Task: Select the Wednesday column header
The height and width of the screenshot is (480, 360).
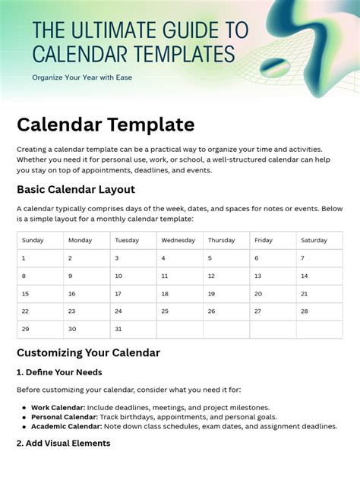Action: coord(178,240)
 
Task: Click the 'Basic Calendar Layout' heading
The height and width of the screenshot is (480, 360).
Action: coord(76,189)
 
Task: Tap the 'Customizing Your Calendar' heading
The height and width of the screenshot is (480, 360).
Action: coord(88,352)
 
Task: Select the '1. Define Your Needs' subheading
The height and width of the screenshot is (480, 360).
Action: coord(59,372)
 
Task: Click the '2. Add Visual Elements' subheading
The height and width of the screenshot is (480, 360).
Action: coord(64,443)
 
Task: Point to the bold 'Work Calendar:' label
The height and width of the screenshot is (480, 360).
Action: coord(58,408)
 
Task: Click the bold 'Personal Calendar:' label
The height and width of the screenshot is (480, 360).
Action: coord(64,417)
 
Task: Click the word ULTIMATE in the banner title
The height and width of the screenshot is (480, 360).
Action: coord(115,30)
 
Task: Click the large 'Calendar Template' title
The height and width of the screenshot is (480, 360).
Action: coord(106,124)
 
